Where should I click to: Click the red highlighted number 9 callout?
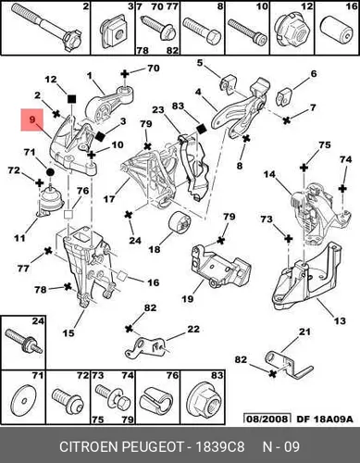point(32,119)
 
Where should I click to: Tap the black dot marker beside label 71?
point(50,172)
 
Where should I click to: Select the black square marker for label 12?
point(71,99)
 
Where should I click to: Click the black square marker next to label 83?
point(201,129)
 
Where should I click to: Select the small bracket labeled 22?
point(144,348)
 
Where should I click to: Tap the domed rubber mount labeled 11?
point(50,199)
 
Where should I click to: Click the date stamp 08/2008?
point(267,419)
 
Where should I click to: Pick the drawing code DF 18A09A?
point(325,419)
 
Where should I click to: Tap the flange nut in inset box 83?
point(203,401)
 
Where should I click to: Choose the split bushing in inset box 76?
point(157,402)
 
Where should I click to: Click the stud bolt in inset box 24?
point(24,342)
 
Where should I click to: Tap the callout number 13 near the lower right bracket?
point(340,320)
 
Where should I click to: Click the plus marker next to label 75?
point(304,168)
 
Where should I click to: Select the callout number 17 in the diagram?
point(109,199)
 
